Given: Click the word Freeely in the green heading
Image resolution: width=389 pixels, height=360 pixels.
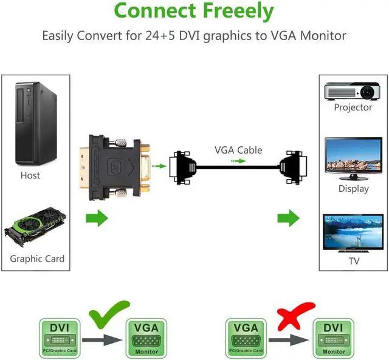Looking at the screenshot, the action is [x=238, y=11].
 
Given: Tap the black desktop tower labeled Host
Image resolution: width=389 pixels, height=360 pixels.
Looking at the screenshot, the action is [x=36, y=124].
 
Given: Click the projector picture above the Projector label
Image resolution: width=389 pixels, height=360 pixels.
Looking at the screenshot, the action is [x=352, y=91].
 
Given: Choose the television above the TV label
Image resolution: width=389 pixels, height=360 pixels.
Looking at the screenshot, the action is [x=353, y=234].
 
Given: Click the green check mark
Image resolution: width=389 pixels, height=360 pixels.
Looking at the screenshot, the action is [x=109, y=314].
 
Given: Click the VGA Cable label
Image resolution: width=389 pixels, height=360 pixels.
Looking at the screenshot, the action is [x=238, y=150].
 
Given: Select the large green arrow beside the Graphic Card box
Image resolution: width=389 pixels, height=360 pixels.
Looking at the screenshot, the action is [x=97, y=218].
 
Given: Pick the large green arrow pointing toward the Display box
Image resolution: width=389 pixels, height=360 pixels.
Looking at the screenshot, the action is [x=288, y=218].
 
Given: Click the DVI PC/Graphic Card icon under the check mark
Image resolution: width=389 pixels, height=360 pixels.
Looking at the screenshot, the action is [x=60, y=338].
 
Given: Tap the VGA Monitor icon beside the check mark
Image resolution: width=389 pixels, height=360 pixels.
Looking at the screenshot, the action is [x=146, y=338].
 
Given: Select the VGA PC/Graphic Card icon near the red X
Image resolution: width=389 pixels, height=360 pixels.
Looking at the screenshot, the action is [x=246, y=338].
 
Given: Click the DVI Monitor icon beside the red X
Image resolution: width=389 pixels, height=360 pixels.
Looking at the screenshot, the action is [x=334, y=338].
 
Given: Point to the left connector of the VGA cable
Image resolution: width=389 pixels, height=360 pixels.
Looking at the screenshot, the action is [x=183, y=168].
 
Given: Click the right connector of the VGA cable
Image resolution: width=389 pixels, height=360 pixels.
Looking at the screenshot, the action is [x=293, y=167].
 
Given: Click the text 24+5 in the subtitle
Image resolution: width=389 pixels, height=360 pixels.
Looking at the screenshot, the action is [x=160, y=36].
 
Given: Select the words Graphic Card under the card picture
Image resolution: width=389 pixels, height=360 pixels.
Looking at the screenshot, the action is [x=37, y=259].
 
